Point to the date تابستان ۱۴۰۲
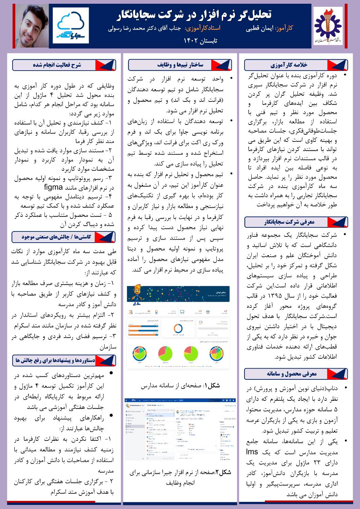200,41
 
